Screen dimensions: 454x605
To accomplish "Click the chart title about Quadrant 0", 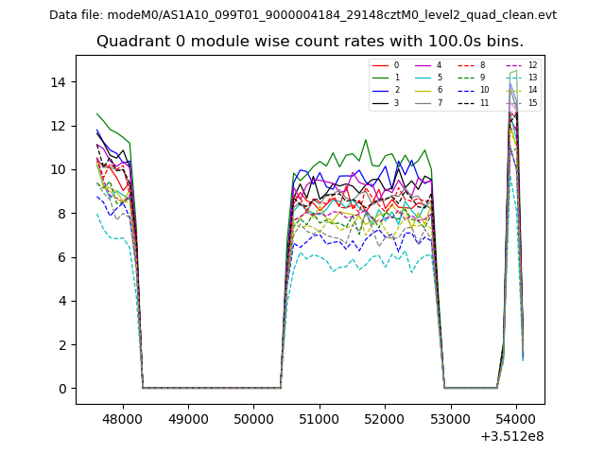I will pos(310,42).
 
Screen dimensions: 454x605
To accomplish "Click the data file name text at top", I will pos(302,15).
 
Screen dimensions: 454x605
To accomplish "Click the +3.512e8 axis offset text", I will pos(512,436).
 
